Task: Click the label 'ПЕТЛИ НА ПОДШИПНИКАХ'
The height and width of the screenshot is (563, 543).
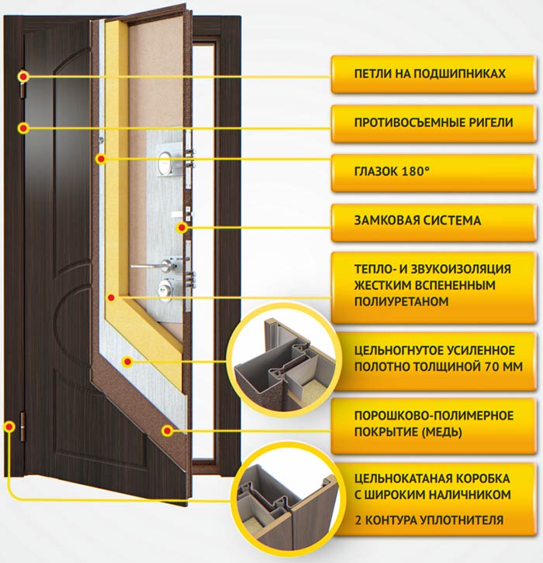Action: pos(429,74)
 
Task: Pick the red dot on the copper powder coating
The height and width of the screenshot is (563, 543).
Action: pos(166,431)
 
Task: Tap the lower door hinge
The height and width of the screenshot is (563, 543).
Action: pos(22,425)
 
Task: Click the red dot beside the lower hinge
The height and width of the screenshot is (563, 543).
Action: pos(9,425)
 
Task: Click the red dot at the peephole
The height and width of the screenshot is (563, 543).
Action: pos(100,159)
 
